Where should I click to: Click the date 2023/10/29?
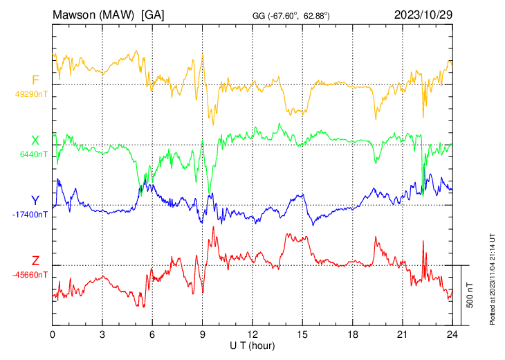tap(422, 14)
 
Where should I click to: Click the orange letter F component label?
tap(35, 80)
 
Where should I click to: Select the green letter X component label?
tap(35, 141)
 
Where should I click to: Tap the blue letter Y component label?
tap(35, 201)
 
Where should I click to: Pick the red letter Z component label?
tap(35, 261)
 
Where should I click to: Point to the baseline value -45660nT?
tap(30, 275)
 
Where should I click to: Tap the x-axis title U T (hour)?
tap(252, 345)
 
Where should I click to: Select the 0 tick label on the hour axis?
tap(53, 334)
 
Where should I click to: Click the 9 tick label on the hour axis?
tap(203, 334)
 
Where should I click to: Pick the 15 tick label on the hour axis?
tap(302, 334)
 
